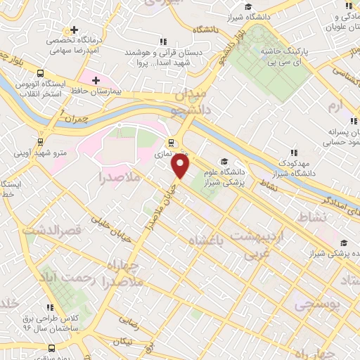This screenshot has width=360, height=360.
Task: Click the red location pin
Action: point(181,166)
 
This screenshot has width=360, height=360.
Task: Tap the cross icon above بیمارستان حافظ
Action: point(96,80)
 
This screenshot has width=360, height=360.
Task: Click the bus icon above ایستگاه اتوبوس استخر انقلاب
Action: point(40,72)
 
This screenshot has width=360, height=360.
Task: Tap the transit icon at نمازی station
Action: point(181,147)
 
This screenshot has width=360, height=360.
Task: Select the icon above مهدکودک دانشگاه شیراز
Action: point(293,152)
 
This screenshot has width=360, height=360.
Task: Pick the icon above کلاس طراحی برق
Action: point(51,307)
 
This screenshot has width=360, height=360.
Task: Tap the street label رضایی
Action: point(130,320)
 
